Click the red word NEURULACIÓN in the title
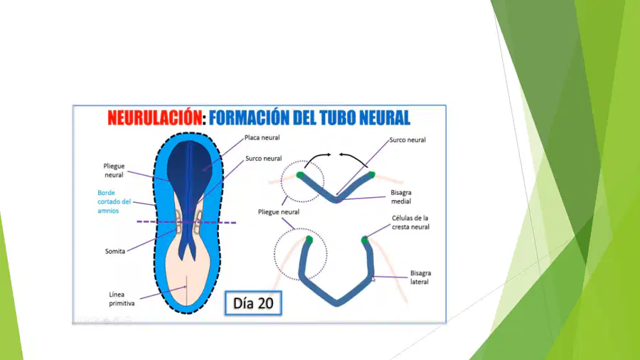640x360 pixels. pyautogui.click(x=155, y=118)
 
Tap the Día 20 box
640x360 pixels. pyautogui.click(x=253, y=303)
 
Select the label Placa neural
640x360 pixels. pyautogui.click(x=262, y=137)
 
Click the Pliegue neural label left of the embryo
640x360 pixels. pyautogui.click(x=114, y=171)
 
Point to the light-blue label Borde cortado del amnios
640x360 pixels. pyautogui.click(x=114, y=201)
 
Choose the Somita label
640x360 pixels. pyautogui.click(x=115, y=251)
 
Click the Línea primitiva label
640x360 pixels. pyautogui.click(x=122, y=299)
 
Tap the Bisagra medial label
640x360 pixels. pyautogui.click(x=401, y=197)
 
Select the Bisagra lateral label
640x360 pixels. pyautogui.click(x=420, y=277)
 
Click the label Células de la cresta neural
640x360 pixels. pyautogui.click(x=410, y=223)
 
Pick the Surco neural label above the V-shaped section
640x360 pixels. pyautogui.click(x=407, y=140)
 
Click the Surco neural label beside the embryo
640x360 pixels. pyautogui.click(x=263, y=159)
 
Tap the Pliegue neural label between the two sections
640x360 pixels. pyautogui.click(x=278, y=212)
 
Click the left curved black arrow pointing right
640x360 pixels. pyautogui.click(x=316, y=157)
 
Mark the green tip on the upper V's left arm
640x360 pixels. pyautogui.click(x=300, y=175)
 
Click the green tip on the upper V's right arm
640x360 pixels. pyautogui.click(x=371, y=175)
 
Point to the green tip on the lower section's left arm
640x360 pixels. pyautogui.click(x=309, y=240)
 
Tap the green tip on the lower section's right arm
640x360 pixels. pyautogui.click(x=365, y=240)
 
